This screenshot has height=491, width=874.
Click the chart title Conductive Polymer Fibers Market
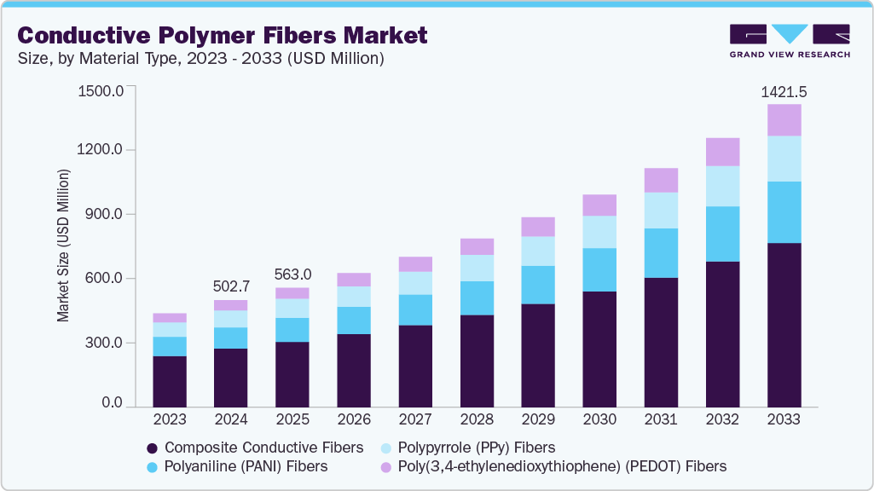(223, 35)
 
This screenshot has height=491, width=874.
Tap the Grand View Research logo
(790, 41)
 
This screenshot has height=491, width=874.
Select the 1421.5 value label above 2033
(784, 91)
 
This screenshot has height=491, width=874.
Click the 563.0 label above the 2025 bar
(292, 274)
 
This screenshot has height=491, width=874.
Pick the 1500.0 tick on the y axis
(101, 90)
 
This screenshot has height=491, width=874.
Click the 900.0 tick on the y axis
(104, 215)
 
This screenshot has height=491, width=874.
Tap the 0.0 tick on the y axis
(113, 402)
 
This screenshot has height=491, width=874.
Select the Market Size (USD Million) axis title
(63, 246)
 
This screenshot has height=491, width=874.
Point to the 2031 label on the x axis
(661, 419)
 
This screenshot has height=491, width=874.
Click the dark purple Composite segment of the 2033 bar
(784, 325)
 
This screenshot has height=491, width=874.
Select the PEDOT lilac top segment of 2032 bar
(722, 152)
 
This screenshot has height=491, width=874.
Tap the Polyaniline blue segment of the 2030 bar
(599, 269)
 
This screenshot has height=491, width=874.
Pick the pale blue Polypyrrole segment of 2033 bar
(784, 159)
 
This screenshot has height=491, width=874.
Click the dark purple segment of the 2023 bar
(169, 381)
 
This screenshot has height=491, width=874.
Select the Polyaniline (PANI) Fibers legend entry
(236, 466)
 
